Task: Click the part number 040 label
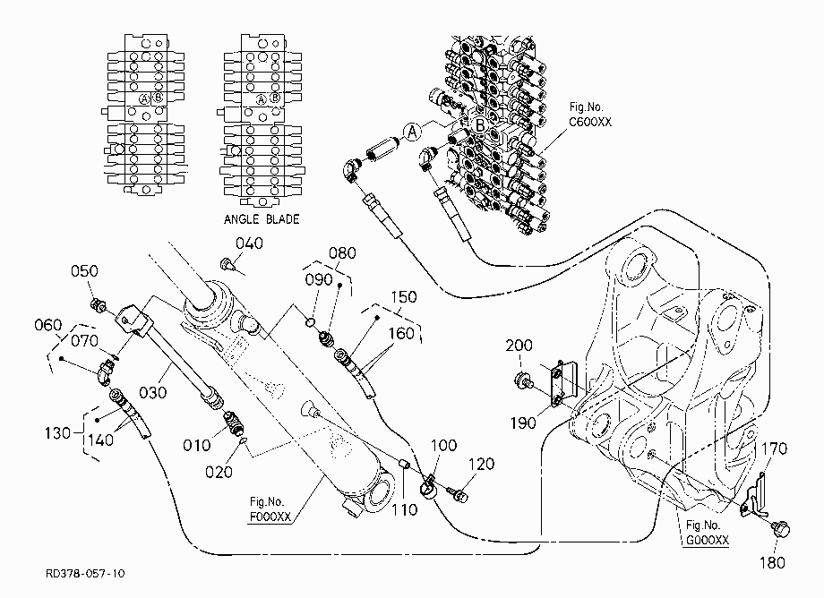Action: tap(249, 243)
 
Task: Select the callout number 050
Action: tap(84, 271)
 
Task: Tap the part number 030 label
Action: tap(153, 392)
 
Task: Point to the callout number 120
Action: tap(481, 464)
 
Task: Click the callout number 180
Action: tap(772, 563)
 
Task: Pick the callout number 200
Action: tap(519, 346)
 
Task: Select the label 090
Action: tap(319, 279)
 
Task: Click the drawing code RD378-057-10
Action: tap(86, 573)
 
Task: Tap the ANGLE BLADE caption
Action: tap(262, 219)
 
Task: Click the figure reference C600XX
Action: tap(590, 122)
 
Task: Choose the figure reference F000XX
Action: tap(270, 517)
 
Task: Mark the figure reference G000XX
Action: tap(708, 540)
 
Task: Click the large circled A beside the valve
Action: tap(413, 132)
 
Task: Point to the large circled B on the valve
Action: tap(480, 125)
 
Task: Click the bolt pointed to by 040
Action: tap(227, 263)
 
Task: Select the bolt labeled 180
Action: tap(781, 529)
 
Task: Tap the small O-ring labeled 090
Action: tap(310, 321)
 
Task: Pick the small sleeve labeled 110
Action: tap(405, 465)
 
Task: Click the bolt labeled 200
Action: tap(523, 380)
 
